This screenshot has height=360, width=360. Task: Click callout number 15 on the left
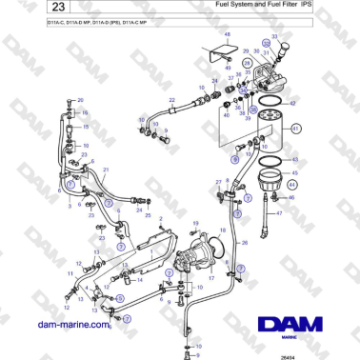85,126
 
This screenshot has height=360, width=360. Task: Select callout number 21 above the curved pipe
105,170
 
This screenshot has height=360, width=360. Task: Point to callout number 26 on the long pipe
245,243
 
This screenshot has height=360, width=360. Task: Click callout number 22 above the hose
172,99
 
